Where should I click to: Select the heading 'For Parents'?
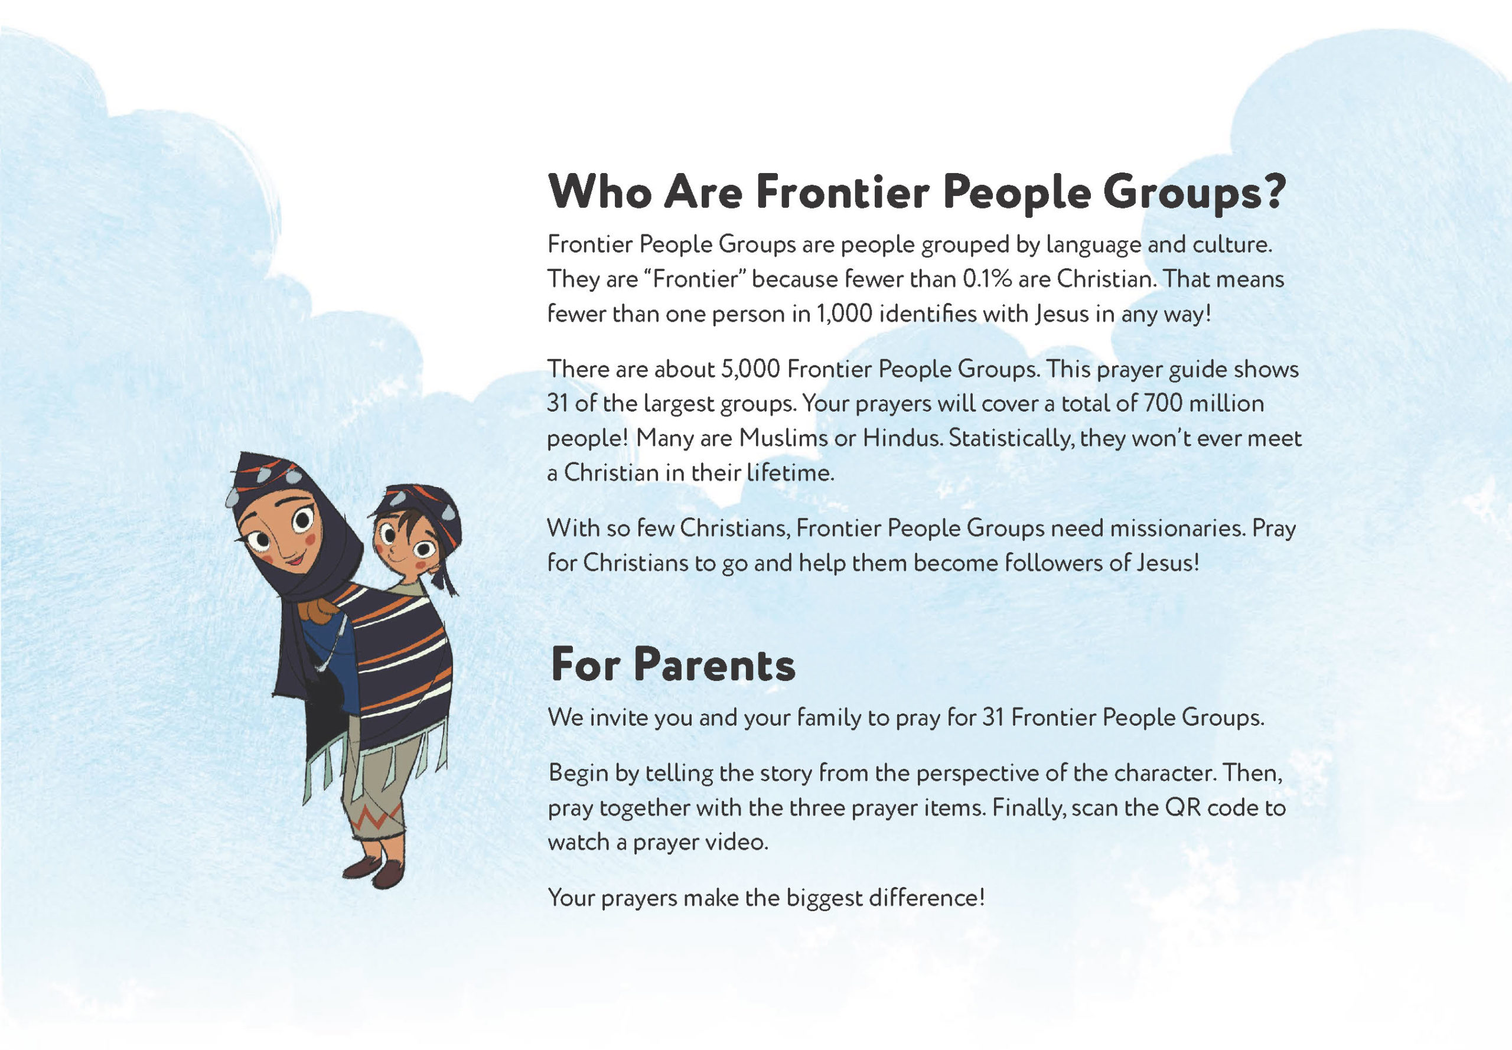pyautogui.click(x=673, y=664)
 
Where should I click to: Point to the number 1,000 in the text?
pyautogui.click(x=843, y=314)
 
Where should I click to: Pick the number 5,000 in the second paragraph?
pyautogui.click(x=750, y=369)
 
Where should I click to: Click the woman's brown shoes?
pyautogui.click(x=374, y=870)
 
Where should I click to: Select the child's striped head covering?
pyautogui.click(x=421, y=510)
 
